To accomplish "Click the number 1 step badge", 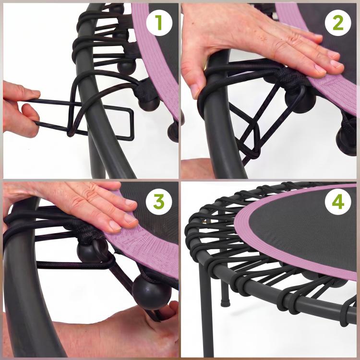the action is [159, 23].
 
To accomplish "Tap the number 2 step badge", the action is [338, 23].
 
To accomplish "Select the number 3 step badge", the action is [159, 202].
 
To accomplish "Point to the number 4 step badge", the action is [338, 202].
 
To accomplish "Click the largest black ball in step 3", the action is [152, 292].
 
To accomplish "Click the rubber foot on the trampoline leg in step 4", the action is [226, 302].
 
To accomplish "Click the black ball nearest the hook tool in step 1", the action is [149, 104].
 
